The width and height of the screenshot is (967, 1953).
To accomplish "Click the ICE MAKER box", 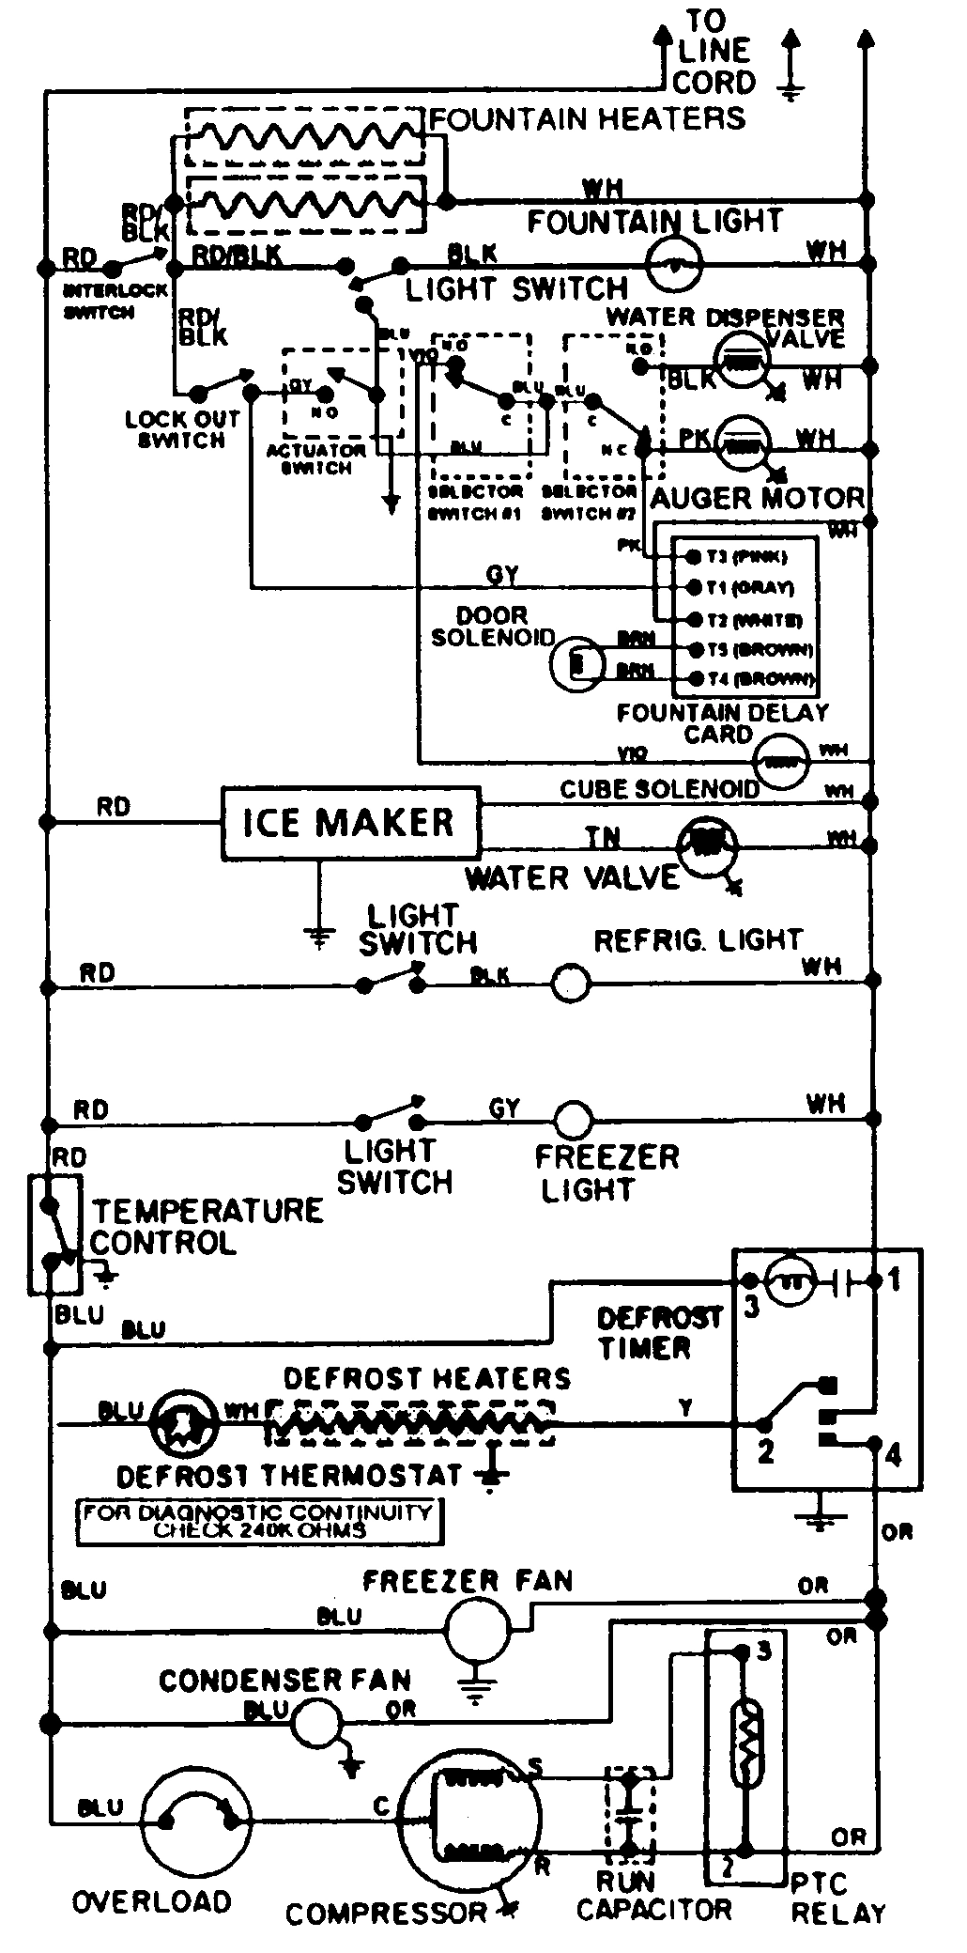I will point(350,823).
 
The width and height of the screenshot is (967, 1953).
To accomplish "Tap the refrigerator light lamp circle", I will point(571,984).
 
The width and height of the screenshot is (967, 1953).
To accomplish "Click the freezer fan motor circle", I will point(476,1632).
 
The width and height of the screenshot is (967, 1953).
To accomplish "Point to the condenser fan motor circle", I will point(315,1723).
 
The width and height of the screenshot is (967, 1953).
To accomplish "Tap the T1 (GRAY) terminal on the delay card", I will point(694,588).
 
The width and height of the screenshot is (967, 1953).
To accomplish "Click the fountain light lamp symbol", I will point(676,264).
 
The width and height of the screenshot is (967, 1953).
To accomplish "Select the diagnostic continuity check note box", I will point(258,1521).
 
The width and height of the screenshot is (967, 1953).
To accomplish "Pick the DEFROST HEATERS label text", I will point(426,1378).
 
